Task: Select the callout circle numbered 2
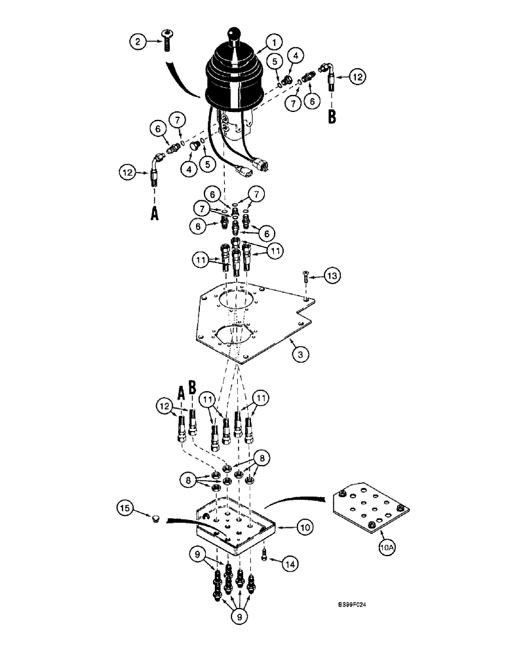click(137, 43)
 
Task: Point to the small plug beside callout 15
click(155, 519)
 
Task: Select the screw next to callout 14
click(263, 555)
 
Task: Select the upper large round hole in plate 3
click(238, 301)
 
